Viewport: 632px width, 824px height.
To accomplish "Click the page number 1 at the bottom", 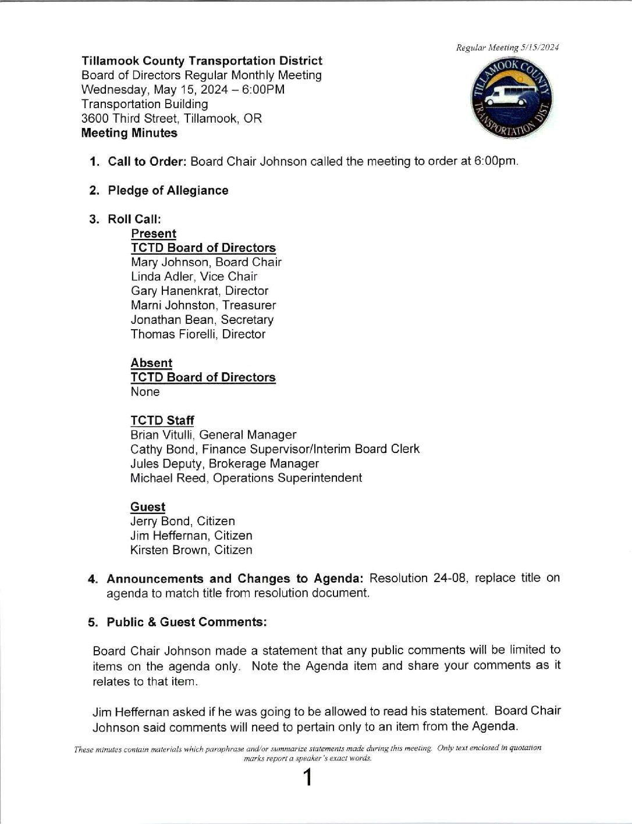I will [x=307, y=777].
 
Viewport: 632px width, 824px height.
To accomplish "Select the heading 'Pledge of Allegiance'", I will [x=168, y=191].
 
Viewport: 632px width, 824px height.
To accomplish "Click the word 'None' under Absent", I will [x=145, y=392].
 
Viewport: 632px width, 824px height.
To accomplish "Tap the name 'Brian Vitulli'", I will [x=161, y=435].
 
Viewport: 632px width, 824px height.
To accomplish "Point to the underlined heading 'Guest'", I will [x=148, y=507].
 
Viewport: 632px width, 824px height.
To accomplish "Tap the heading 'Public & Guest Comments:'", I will [x=187, y=622].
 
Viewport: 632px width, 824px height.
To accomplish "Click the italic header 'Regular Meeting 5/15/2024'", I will [x=507, y=48].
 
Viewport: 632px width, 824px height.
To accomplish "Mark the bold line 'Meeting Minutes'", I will [x=129, y=133].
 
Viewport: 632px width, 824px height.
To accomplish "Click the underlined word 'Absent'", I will [x=151, y=363].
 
